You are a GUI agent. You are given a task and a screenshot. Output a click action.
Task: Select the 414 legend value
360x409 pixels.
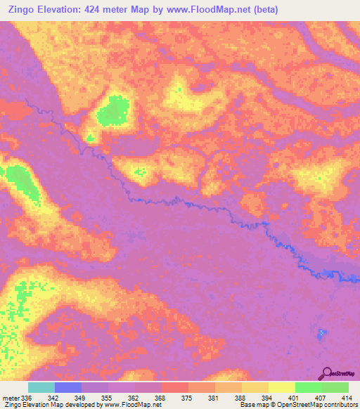[x=345, y=398]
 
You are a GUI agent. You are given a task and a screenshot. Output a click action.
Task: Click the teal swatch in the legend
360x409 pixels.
[x=41, y=387]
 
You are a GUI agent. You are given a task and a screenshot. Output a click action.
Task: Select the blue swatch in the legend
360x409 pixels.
[x=68, y=387]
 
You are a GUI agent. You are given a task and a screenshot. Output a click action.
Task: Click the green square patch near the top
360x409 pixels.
[x=113, y=112]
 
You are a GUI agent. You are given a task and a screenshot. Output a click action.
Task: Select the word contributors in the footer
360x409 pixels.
[x=340, y=405]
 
